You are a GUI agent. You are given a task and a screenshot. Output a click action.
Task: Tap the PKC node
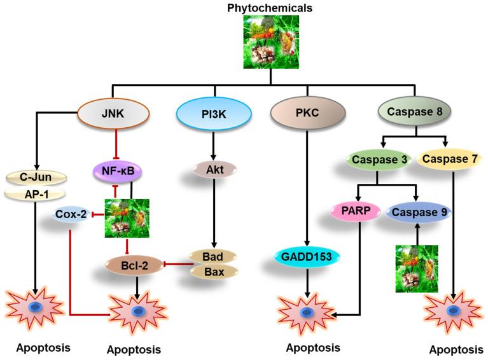click(307, 116)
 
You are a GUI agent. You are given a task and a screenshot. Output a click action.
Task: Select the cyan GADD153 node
click(307, 256)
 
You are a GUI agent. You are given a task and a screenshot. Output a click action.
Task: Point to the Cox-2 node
click(71, 214)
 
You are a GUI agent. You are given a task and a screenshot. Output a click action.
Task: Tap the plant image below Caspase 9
click(416, 268)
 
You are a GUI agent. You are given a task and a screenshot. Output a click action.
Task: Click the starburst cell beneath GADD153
click(307, 313)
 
